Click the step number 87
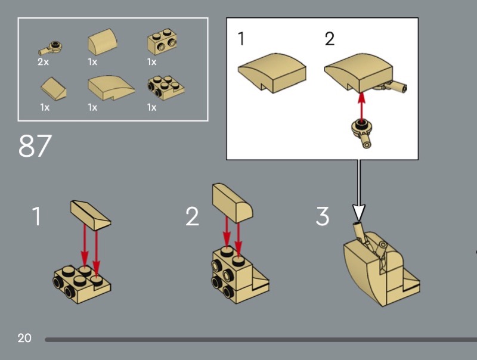35,145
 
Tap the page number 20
24,339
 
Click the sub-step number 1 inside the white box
241,39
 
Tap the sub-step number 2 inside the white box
330,39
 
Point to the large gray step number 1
37,216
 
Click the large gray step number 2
192,216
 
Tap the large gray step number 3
322,216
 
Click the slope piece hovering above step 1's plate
91,214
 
